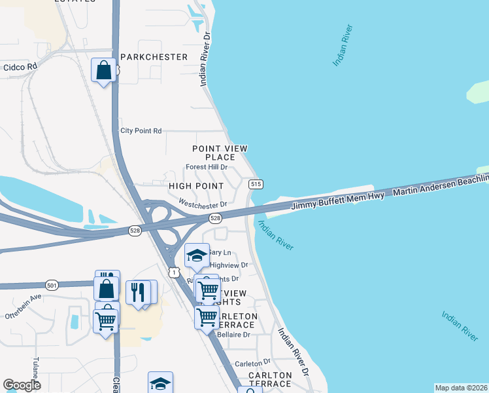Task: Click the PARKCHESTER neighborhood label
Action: [153, 57]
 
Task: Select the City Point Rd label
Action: [141, 131]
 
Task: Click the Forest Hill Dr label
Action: [207, 167]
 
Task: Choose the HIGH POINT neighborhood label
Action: [196, 187]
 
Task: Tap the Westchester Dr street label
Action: [202, 204]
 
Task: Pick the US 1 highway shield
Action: [174, 271]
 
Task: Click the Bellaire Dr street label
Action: [233, 335]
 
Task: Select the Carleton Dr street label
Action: [252, 362]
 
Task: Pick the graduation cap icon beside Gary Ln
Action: [196, 255]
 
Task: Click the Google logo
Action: [22, 385]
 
